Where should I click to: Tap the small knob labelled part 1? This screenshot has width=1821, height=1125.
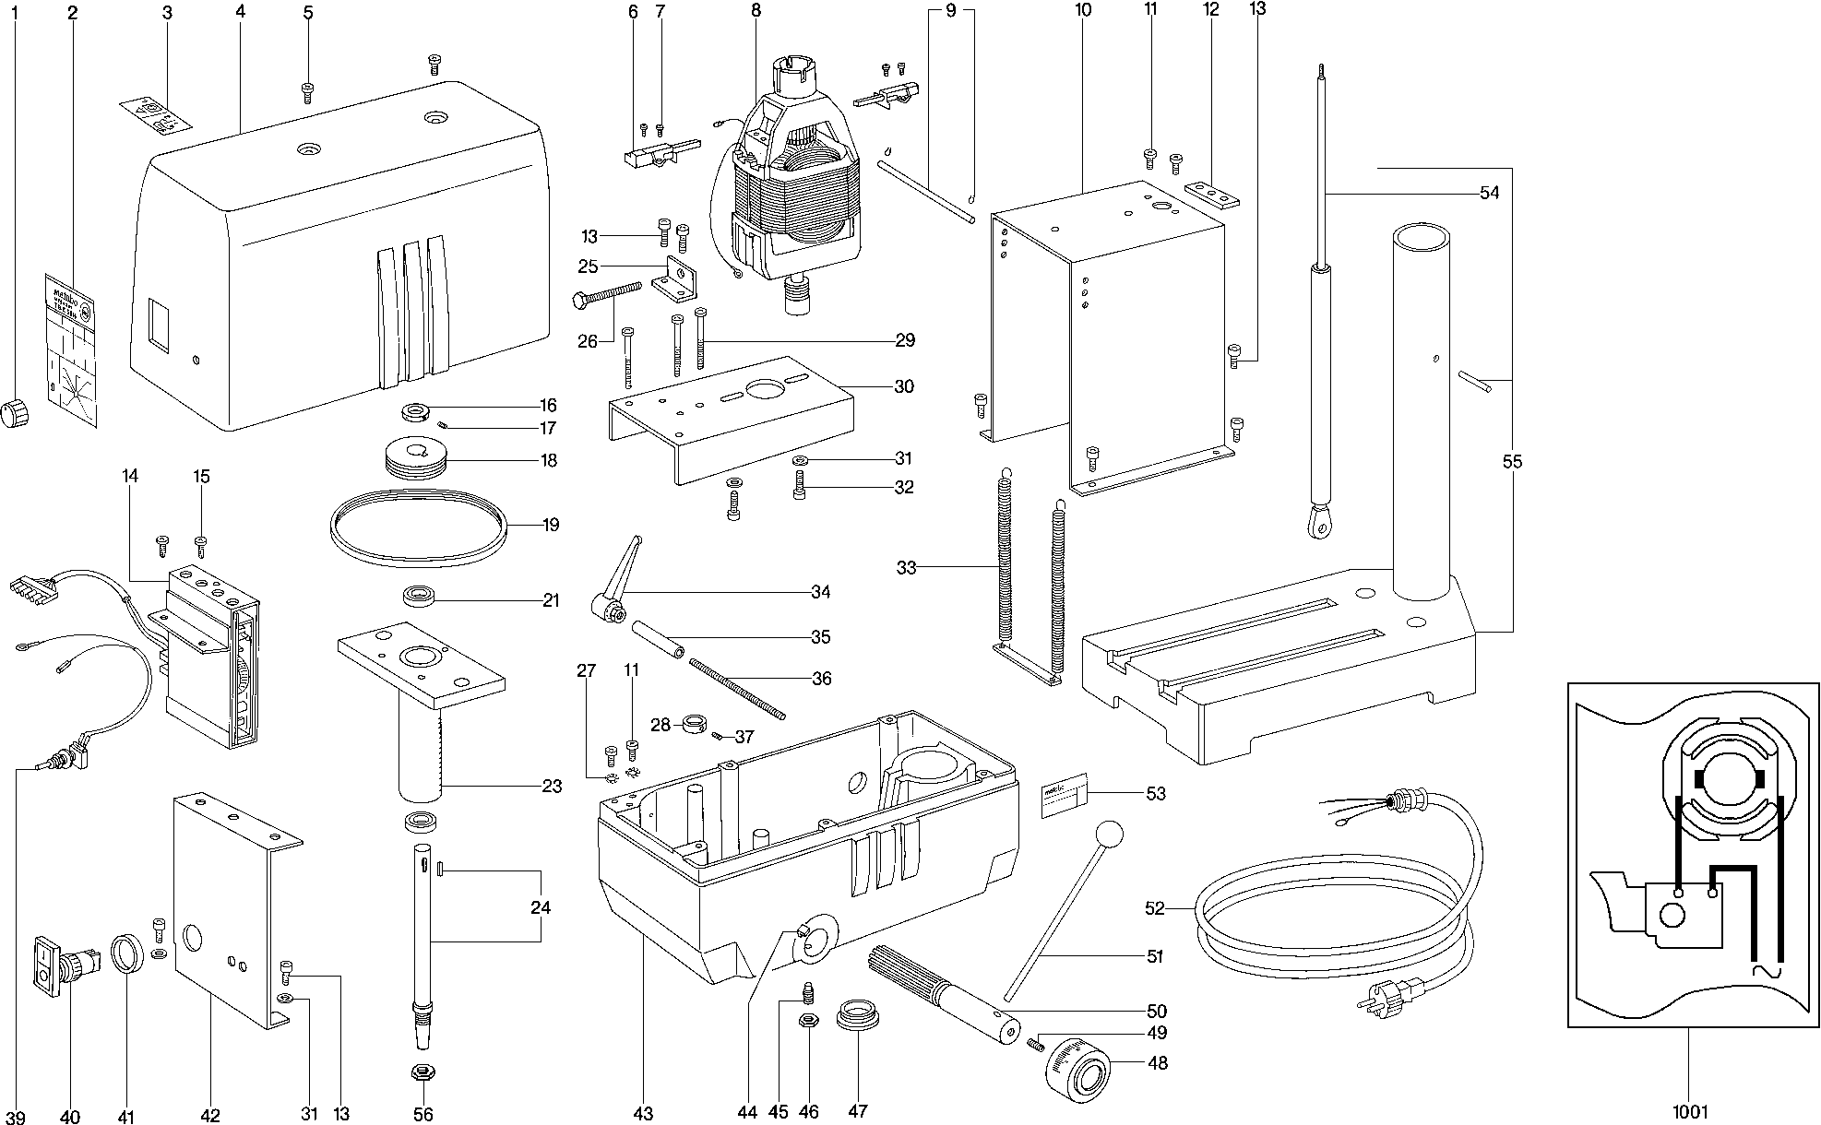(14, 413)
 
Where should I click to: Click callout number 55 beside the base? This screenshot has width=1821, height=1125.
(1512, 461)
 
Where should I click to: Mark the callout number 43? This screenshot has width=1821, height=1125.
(643, 1113)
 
